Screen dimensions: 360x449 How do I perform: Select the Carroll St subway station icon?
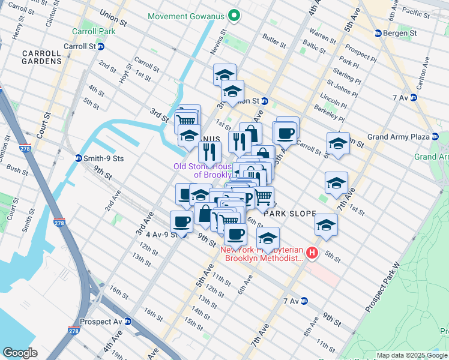tap(101, 46)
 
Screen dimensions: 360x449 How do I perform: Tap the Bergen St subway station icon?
tap(378, 33)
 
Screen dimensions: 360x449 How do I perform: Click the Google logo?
tap(20, 353)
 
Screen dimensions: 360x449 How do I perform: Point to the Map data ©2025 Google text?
tap(411, 355)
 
